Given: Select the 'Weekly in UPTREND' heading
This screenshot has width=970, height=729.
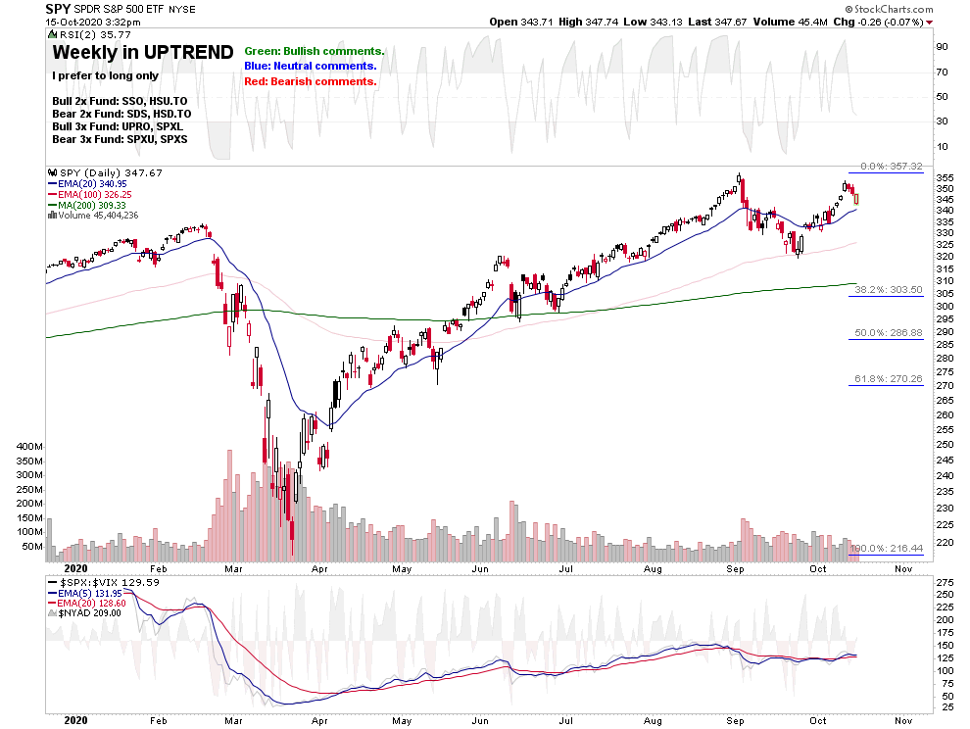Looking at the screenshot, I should point(143,53).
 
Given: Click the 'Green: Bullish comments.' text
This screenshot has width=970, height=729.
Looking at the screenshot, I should point(315,51).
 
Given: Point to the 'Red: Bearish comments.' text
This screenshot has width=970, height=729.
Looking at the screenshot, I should point(311,81).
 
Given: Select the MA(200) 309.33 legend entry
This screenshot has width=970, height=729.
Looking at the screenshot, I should point(95,205).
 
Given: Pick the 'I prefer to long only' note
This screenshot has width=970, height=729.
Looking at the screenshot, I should point(105,75).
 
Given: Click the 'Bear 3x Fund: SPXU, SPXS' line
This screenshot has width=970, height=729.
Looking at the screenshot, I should point(120,140).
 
